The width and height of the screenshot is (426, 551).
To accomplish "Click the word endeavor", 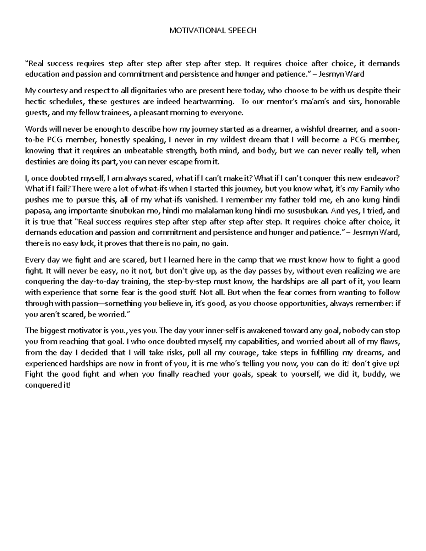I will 385,178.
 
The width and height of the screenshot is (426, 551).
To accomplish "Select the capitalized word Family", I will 371,189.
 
